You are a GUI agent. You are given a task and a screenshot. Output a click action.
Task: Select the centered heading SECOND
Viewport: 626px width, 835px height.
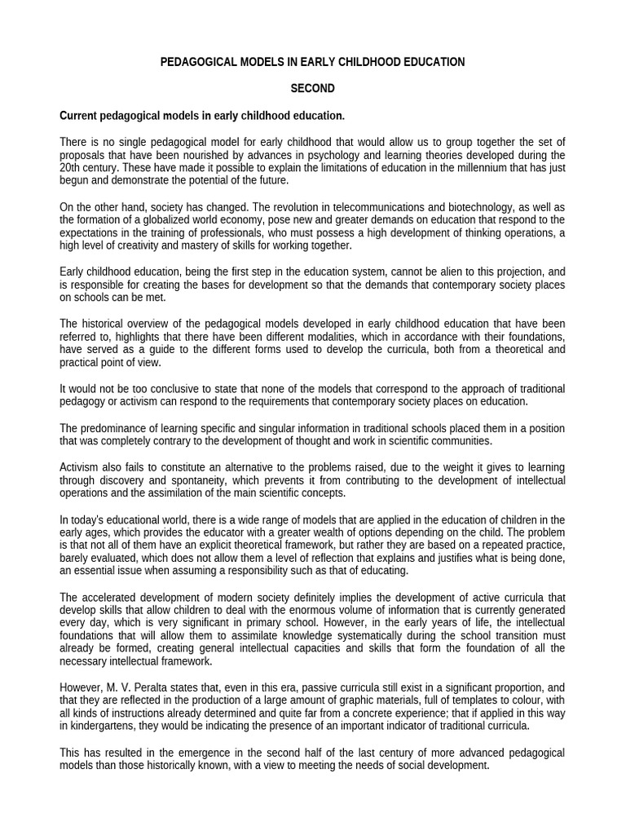[313, 88]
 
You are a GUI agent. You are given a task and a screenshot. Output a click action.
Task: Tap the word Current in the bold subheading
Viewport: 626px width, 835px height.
[80, 115]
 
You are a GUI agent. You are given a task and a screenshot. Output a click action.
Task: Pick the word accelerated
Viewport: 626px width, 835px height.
[111, 597]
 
